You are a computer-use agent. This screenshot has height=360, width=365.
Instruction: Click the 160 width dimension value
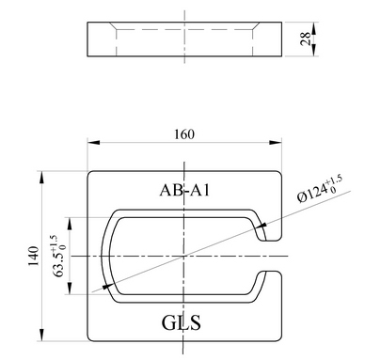(184, 134)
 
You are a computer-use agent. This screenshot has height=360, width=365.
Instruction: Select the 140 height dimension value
(34, 256)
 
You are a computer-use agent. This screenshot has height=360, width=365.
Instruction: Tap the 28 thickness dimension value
(305, 39)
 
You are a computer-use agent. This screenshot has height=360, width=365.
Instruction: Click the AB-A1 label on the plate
(184, 190)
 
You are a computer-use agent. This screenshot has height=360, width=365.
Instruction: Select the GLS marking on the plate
(182, 322)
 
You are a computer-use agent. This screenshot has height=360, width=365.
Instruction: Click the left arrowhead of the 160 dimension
(93, 142)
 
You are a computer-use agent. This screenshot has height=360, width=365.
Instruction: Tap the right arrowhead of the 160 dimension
(276, 142)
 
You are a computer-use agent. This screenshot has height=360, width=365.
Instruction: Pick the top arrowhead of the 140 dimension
(41, 178)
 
